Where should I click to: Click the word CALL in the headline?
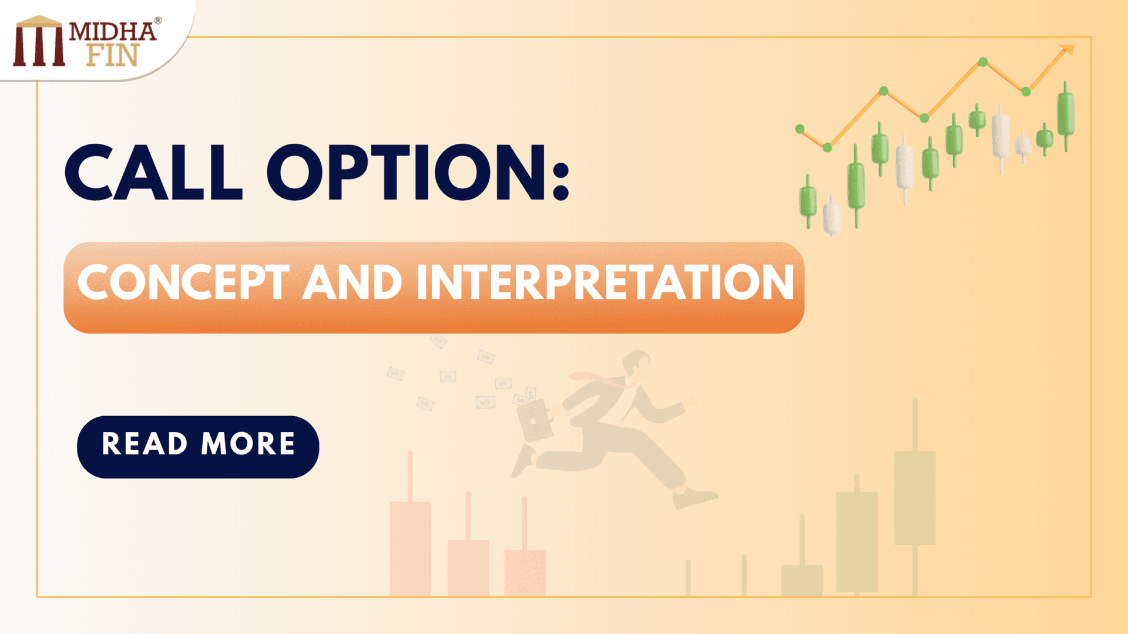(x=153, y=173)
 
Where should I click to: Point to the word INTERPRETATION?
(x=605, y=283)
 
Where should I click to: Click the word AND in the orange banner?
(x=352, y=283)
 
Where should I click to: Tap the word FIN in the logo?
(x=113, y=55)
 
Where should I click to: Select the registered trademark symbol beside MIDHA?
(x=158, y=21)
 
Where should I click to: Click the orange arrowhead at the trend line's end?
(x=1068, y=50)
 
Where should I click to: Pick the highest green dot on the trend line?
(x=983, y=62)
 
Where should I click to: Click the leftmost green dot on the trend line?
(x=800, y=129)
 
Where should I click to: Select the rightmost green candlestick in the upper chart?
(x=1066, y=114)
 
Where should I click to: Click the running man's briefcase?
(x=535, y=420)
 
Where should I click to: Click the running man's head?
(x=637, y=364)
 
